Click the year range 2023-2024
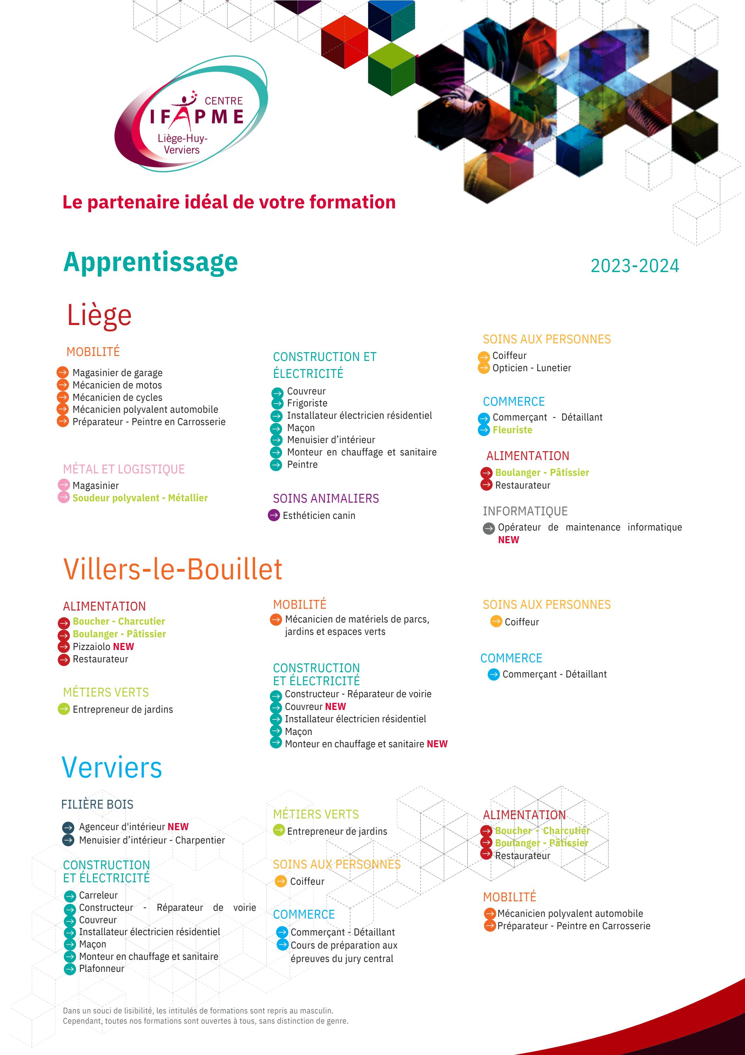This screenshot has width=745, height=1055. (x=634, y=265)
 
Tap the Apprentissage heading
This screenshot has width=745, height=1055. (x=151, y=262)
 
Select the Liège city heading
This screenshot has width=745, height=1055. (x=99, y=315)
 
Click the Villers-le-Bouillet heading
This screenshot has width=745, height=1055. (x=173, y=569)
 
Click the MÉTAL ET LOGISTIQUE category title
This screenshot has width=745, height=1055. (x=124, y=469)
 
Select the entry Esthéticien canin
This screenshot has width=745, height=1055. (x=319, y=516)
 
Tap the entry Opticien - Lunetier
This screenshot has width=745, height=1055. (x=532, y=368)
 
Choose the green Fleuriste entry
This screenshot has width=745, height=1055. (x=512, y=430)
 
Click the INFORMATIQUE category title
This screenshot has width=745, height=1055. (x=525, y=511)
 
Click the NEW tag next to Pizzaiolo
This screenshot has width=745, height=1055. (x=124, y=646)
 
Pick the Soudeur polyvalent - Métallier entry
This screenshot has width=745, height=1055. (x=140, y=498)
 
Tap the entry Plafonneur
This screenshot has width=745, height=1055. (x=101, y=968)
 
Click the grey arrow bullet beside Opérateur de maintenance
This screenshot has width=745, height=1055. (x=489, y=528)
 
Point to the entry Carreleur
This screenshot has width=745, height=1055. (x=98, y=895)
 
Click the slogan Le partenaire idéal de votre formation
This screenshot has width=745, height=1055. (x=229, y=202)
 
